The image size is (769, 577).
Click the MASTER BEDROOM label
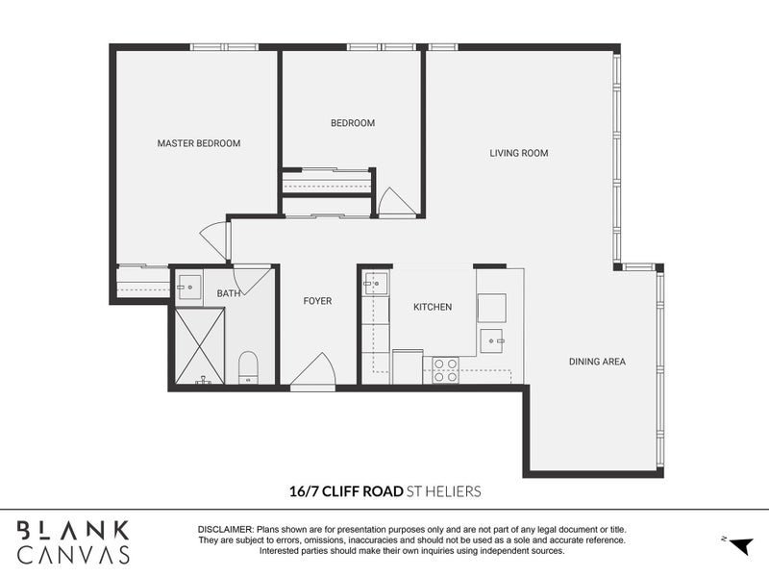[199, 143]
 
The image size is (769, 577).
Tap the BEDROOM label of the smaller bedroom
[353, 123]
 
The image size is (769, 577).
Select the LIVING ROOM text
[519, 153]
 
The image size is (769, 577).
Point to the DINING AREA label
[597, 362]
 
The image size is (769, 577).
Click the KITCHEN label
[433, 307]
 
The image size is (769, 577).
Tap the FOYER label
[317, 301]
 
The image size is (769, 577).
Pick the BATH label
[229, 293]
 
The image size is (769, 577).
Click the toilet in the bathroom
[248, 366]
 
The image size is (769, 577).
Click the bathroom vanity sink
[188, 286]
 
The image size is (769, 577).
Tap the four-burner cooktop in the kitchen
[445, 370]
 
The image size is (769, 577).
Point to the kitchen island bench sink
[492, 338]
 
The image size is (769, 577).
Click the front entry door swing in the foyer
[313, 372]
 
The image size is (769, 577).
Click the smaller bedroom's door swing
[395, 202]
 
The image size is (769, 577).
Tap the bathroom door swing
[252, 279]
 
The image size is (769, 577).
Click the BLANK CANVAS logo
[74, 541]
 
